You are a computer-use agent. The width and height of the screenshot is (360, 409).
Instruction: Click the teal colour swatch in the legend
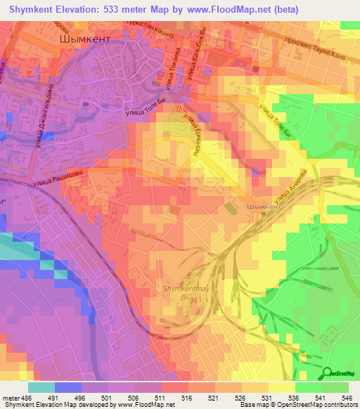[x=41, y=387]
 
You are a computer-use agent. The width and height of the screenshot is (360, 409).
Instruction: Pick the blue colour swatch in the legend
[x=67, y=387]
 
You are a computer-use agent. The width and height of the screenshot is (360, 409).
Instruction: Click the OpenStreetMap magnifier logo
[x=327, y=373]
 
